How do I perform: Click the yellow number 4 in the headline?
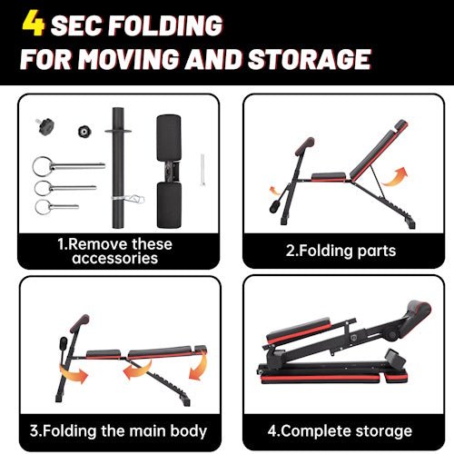pyautogui.click(x=34, y=24)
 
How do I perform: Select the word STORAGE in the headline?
pyautogui.click(x=309, y=58)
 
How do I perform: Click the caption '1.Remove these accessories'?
pyautogui.click(x=115, y=252)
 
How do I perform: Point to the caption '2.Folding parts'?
pyautogui.click(x=341, y=251)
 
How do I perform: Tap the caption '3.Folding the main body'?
pyautogui.click(x=118, y=431)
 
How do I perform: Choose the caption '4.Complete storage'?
pyautogui.click(x=340, y=431)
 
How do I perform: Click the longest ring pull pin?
pyautogui.click(x=69, y=166)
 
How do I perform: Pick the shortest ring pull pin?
pyautogui.click(x=56, y=207)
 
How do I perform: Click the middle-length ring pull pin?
pyautogui.click(x=65, y=188)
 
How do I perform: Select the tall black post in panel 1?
pyautogui.click(x=118, y=168)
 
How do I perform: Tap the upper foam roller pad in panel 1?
pyautogui.click(x=169, y=138)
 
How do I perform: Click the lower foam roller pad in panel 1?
pyautogui.click(x=170, y=205)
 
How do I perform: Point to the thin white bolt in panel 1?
pyautogui.click(x=202, y=170)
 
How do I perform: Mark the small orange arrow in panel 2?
pyautogui.click(x=274, y=192)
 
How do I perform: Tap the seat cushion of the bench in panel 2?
pyautogui.click(x=329, y=176)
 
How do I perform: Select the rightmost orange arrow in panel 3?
pyautogui.click(x=199, y=367)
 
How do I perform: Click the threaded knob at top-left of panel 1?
pyautogui.click(x=45, y=126)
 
